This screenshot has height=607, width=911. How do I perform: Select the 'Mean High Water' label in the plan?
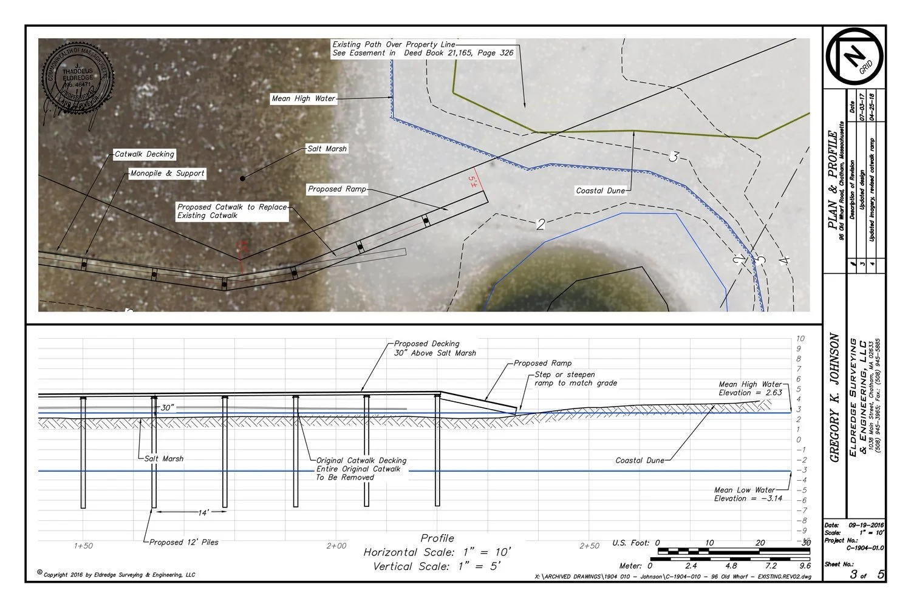click(x=303, y=98)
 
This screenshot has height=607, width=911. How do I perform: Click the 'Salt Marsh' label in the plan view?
click(x=327, y=149)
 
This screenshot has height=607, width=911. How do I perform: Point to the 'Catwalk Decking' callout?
click(x=145, y=154)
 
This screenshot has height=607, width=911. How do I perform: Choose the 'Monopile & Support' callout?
click(x=168, y=174)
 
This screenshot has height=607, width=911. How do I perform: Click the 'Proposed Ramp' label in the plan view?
click(x=337, y=189)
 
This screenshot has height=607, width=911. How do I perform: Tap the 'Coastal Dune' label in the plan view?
click(x=600, y=191)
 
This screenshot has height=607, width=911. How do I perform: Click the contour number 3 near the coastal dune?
click(x=673, y=157)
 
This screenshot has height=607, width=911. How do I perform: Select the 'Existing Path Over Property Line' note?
click(x=423, y=49)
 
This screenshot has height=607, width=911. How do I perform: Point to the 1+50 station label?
click(x=83, y=546)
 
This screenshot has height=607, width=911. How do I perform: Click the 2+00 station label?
click(x=336, y=546)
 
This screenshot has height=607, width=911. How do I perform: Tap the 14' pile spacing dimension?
click(x=204, y=513)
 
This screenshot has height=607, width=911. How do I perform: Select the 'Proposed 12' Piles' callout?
click(x=184, y=542)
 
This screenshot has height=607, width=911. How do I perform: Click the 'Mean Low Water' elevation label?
click(x=747, y=494)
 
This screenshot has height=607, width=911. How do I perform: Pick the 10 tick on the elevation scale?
click(x=800, y=339)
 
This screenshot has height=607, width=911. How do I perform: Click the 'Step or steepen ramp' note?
click(x=575, y=379)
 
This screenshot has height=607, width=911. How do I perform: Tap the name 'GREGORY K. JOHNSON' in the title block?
click(x=835, y=398)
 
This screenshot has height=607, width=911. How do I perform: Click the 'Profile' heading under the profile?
click(x=437, y=538)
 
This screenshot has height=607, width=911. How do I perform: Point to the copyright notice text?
click(x=119, y=574)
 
